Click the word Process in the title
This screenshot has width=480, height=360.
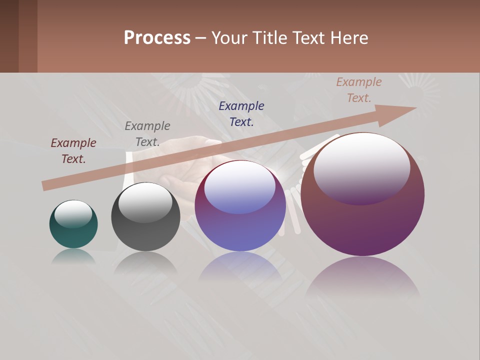point(157,38)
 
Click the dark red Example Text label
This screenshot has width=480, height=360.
point(73,150)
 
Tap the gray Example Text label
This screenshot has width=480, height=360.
point(147,133)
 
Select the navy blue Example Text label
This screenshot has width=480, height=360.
point(241,113)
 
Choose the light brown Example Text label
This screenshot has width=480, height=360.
point(359,89)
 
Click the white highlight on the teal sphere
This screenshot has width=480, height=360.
point(73,214)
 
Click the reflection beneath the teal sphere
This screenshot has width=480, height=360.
point(73,255)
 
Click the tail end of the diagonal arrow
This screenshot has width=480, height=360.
point(45,185)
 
